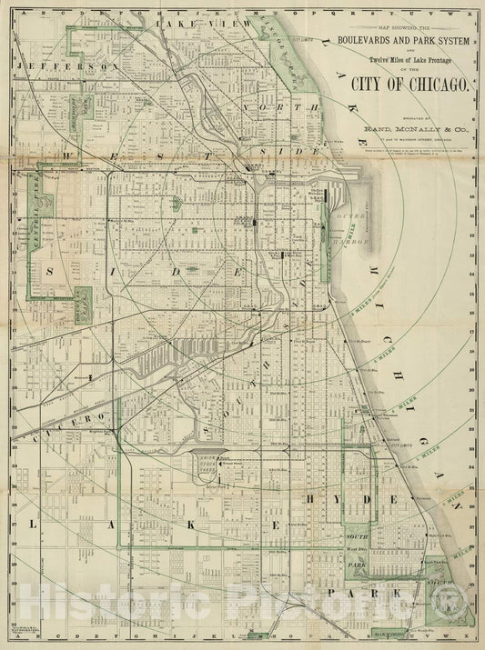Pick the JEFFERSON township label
62,67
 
